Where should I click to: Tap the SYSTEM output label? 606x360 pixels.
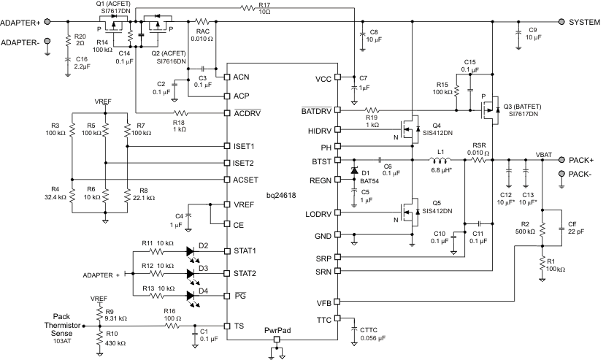584,22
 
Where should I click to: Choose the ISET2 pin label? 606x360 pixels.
244,163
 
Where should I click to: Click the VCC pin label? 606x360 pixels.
323,78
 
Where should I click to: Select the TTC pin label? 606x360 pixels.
324,319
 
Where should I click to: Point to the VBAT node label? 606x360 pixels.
545,154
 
